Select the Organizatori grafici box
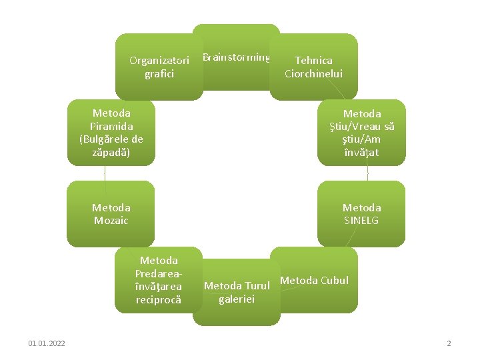[x=159, y=67]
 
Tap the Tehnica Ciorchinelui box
[x=313, y=67]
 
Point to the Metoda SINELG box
[x=361, y=214]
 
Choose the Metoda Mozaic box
[x=111, y=214]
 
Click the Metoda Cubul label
[x=314, y=280]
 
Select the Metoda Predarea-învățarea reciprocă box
[x=159, y=280]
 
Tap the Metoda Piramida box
[x=111, y=133]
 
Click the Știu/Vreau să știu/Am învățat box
[x=361, y=133]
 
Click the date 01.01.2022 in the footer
[x=47, y=343]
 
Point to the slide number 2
[x=449, y=343]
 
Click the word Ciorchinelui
[x=313, y=74]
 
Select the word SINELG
[x=361, y=221]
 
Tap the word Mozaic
[x=111, y=221]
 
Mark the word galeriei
[x=237, y=299]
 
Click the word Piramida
[x=111, y=126]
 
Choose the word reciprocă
[x=159, y=299]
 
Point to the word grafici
[x=159, y=73]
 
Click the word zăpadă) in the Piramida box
[x=111, y=152]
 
